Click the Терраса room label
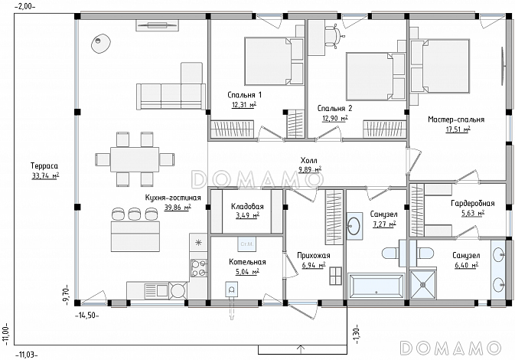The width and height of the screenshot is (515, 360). coord(44,165)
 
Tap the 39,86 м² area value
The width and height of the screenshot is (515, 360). coord(178,208)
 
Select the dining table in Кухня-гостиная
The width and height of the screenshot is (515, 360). coord(135,159)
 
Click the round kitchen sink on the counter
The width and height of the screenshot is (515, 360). coord(178,290)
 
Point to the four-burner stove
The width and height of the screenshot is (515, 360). coord(199,268)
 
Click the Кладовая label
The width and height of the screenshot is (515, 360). coord(247,207)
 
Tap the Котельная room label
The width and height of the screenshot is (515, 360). coord(247,262)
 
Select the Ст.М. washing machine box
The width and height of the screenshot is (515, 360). coord(247,244)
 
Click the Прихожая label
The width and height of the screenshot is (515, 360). coord(314,256)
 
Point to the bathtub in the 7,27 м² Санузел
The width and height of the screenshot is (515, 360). coord(376,286)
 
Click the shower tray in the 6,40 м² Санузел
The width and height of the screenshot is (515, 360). coord(422,285)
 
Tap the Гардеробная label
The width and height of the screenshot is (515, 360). coord(473,203)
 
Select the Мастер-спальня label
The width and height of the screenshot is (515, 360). coord(456,119)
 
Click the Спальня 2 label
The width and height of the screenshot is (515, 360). coord(334,108)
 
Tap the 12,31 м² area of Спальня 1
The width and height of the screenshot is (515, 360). coord(244,104)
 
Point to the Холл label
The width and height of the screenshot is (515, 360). coord(309,160)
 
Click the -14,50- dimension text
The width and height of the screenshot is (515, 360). coord(87,316)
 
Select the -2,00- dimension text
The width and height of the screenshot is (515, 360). coord(25,6)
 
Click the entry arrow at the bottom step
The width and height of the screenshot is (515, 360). coord(302,349)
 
